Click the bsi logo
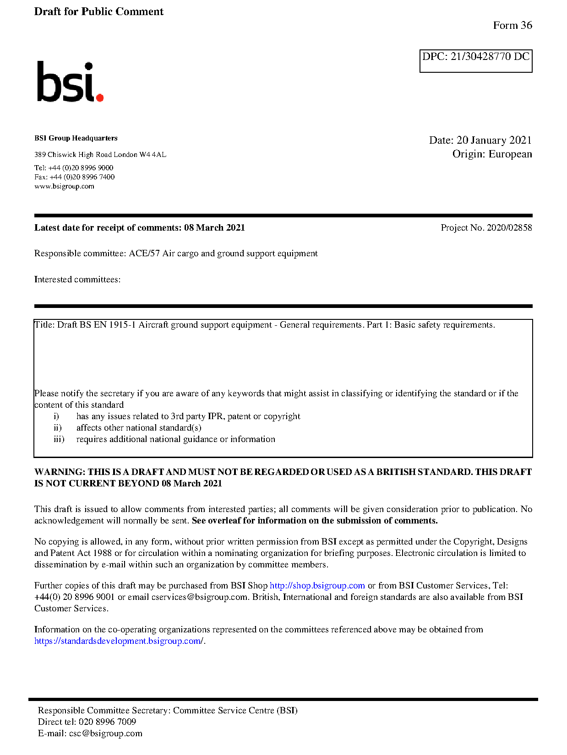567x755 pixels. coord(70,82)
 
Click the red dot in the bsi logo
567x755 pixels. coord(99,97)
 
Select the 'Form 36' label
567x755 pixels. coord(512,26)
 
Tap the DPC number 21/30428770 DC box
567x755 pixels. coord(475,60)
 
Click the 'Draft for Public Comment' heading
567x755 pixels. coord(98,12)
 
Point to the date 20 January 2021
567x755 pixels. coord(494,140)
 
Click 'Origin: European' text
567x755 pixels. coord(492,154)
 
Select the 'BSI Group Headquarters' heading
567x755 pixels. coord(76,138)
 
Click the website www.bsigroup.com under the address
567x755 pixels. coord(64,186)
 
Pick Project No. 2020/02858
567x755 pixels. coord(486,228)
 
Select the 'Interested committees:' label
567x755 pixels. coord(77,280)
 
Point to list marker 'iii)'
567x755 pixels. coord(59,439)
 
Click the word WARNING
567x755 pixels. coord(60,472)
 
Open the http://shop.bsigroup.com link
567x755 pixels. coord(317,586)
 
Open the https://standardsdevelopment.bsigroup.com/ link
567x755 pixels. coord(118,641)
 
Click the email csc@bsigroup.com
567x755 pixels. coord(106,733)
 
